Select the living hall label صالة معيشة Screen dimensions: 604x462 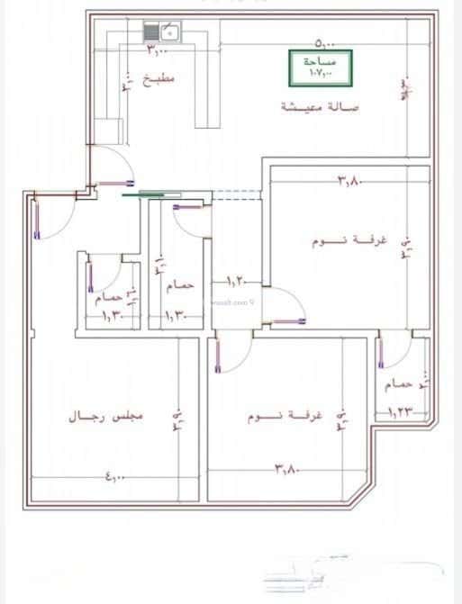click(320, 107)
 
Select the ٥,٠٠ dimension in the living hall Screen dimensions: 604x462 click(327, 42)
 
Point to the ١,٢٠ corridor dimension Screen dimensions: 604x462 click(236, 280)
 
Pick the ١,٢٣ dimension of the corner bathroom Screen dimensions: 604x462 click(399, 412)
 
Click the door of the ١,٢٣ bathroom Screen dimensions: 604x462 click(390, 351)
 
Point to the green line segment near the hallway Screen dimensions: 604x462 click(158, 192)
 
